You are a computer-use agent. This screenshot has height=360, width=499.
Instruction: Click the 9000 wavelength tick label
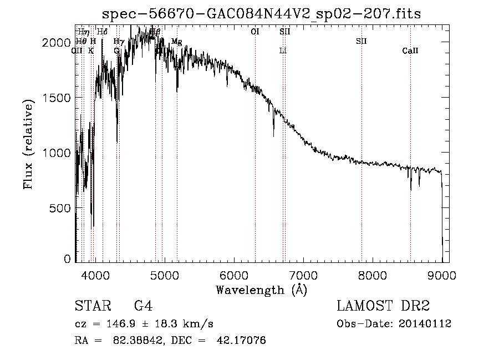442,274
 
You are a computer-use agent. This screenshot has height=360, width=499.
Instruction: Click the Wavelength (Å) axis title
261,290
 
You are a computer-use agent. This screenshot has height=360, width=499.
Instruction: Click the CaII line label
410,51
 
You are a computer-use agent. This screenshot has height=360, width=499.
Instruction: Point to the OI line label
255,32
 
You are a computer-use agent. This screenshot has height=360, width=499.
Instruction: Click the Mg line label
176,42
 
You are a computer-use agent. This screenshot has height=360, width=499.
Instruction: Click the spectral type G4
143,306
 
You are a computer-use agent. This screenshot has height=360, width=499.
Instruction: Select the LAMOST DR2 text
383,306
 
